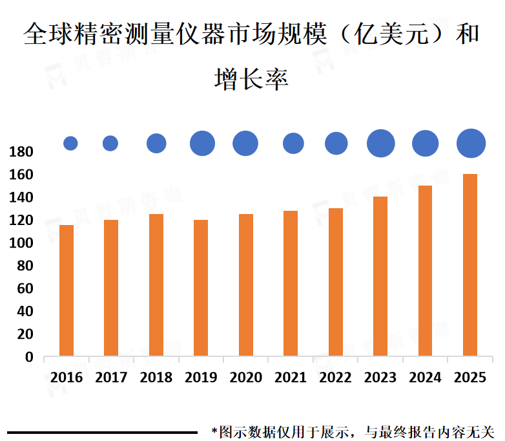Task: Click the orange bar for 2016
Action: pos(67,290)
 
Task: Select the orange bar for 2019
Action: pos(201,288)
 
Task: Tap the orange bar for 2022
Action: pos(336,282)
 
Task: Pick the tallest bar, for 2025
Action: pos(471,264)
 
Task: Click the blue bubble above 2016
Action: pos(70,144)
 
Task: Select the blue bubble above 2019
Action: pos(202,143)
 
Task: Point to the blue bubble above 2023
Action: pos(381,143)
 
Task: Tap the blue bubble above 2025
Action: pos(471,143)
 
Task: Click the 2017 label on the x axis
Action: pos(111,378)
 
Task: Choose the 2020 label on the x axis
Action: pos(245,378)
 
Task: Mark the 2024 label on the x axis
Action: pos(425,378)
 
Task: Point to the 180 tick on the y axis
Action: pos(21,152)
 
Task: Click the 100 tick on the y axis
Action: pos(21,243)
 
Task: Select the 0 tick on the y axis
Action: pos(28,357)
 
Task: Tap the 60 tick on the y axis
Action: pos(25,289)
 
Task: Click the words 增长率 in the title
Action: pos(251,79)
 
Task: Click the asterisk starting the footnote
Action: pos(214,429)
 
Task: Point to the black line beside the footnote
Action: pos(102,432)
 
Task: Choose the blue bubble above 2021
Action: pos(293,143)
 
